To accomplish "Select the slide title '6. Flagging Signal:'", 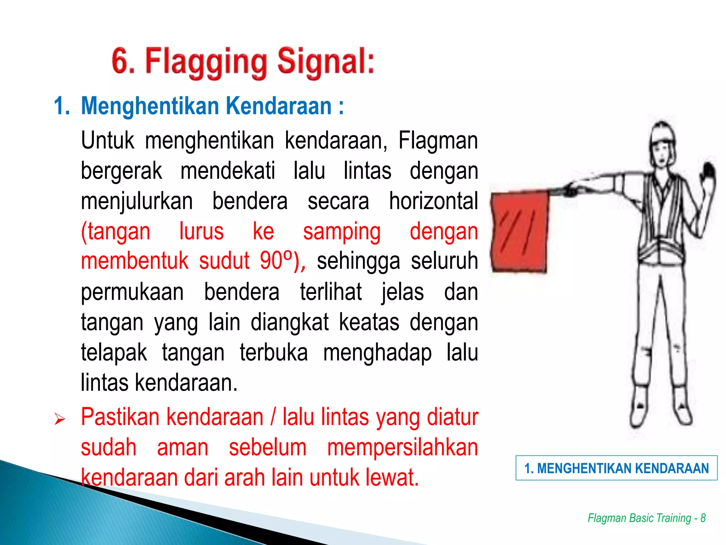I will tap(243, 62).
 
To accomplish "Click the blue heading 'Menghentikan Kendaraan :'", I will tap(212, 106).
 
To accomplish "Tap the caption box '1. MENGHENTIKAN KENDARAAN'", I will tap(616, 468).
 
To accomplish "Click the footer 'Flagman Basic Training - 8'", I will tap(647, 518).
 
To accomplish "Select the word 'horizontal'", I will tap(433, 201).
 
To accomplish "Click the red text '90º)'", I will tap(282, 261).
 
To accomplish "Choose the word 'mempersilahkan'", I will tap(402, 448).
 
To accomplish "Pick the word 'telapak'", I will tap(114, 353).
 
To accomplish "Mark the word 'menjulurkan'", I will tap(137, 201).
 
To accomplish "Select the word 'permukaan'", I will tap(132, 292).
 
